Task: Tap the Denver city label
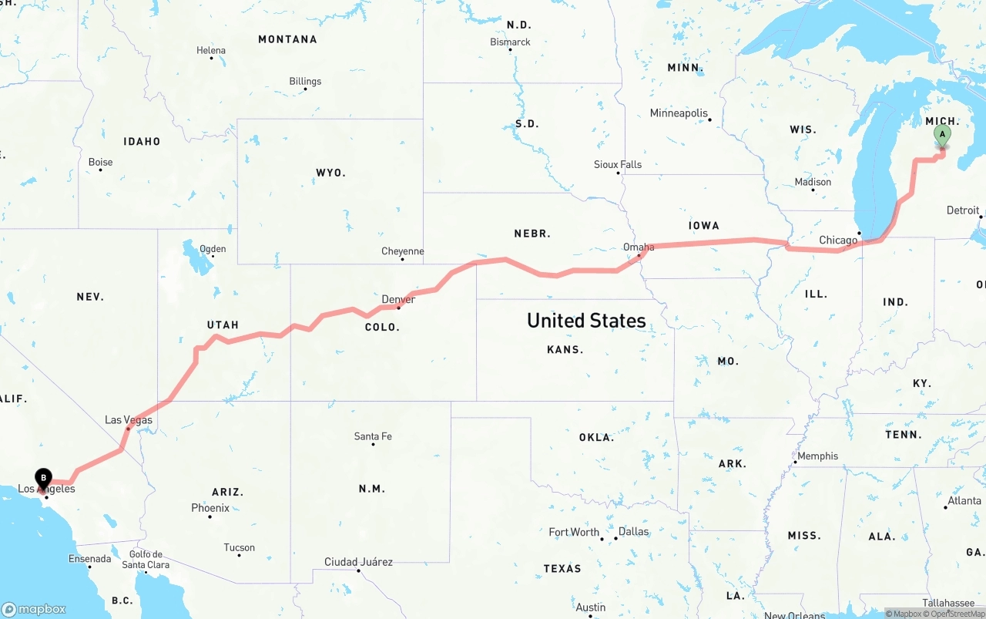coord(398,299)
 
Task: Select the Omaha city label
coord(639,247)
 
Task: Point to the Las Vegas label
coord(129,420)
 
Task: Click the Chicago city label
coord(838,241)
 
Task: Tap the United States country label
coord(586,321)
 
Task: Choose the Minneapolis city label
coord(679,113)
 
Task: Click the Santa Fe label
coord(373,436)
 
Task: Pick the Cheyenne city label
coord(402,251)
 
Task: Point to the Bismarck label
coord(510,42)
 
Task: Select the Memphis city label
coord(817,456)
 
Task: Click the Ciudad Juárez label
coord(358,562)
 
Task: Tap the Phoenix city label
coord(210,508)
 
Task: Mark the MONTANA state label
coord(287,39)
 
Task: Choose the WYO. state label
coord(330,173)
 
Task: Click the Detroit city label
coord(963,210)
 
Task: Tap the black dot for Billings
coord(305,89)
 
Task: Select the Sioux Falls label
coord(618,164)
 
